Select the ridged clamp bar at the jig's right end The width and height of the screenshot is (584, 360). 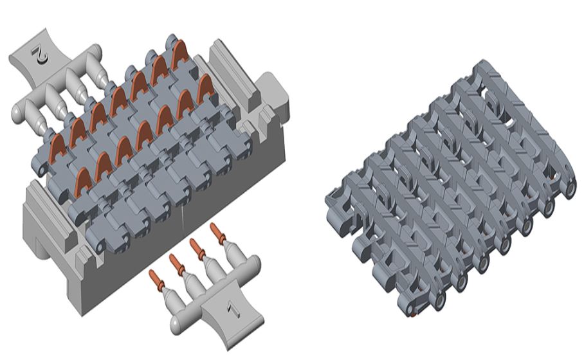click(231, 73)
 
